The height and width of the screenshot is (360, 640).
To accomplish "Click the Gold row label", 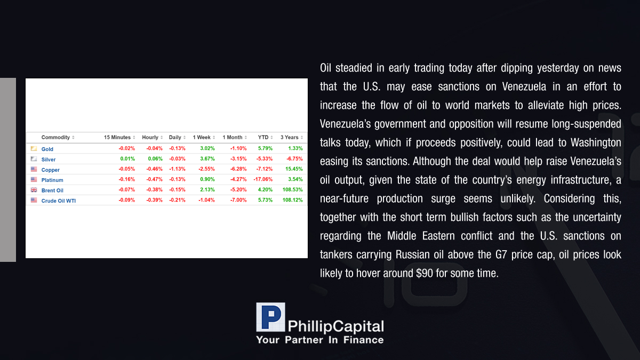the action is (x=47, y=149).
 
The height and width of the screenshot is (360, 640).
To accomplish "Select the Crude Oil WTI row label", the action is (x=59, y=201).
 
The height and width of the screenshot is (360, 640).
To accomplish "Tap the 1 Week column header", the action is (x=202, y=138).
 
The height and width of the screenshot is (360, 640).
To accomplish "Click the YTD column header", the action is (x=263, y=138).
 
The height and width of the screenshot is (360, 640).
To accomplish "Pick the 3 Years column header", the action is (x=289, y=138).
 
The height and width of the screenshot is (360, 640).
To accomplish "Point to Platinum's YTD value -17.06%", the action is (x=263, y=179).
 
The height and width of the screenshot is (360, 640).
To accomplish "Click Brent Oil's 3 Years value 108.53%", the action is (x=292, y=190).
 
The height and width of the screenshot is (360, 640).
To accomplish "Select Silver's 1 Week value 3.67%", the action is (x=207, y=159).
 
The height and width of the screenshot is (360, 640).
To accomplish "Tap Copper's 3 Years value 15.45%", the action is (x=294, y=169).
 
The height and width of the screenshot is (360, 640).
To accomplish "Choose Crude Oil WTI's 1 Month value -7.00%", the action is (x=238, y=200).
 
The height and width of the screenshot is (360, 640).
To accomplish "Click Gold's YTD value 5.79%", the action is (x=265, y=149).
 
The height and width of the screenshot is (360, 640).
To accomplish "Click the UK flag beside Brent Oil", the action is (x=34, y=190).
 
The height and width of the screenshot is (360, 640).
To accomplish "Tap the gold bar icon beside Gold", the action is (x=34, y=149).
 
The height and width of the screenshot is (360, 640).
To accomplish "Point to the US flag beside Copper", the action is (x=34, y=169).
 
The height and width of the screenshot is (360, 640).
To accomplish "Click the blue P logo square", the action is (x=270, y=317).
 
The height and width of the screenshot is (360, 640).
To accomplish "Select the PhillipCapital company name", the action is (x=335, y=326).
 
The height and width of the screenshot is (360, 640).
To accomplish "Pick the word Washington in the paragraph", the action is (x=596, y=143).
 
